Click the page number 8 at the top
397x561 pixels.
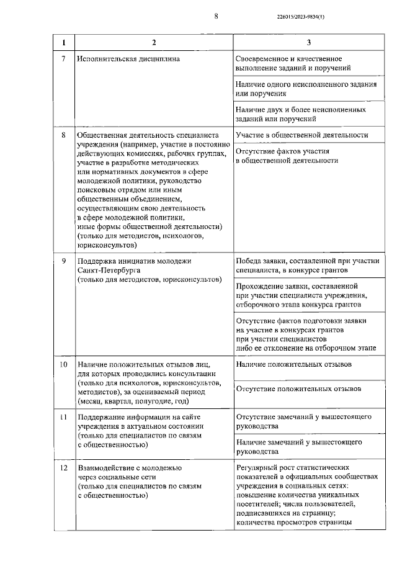[216, 17]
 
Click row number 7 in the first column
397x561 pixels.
[63, 59]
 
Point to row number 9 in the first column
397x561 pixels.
[63, 261]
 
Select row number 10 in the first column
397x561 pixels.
[63, 363]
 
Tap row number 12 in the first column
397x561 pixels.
[63, 467]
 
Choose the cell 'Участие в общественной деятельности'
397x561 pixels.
[302, 135]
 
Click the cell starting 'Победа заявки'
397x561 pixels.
[308, 266]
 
